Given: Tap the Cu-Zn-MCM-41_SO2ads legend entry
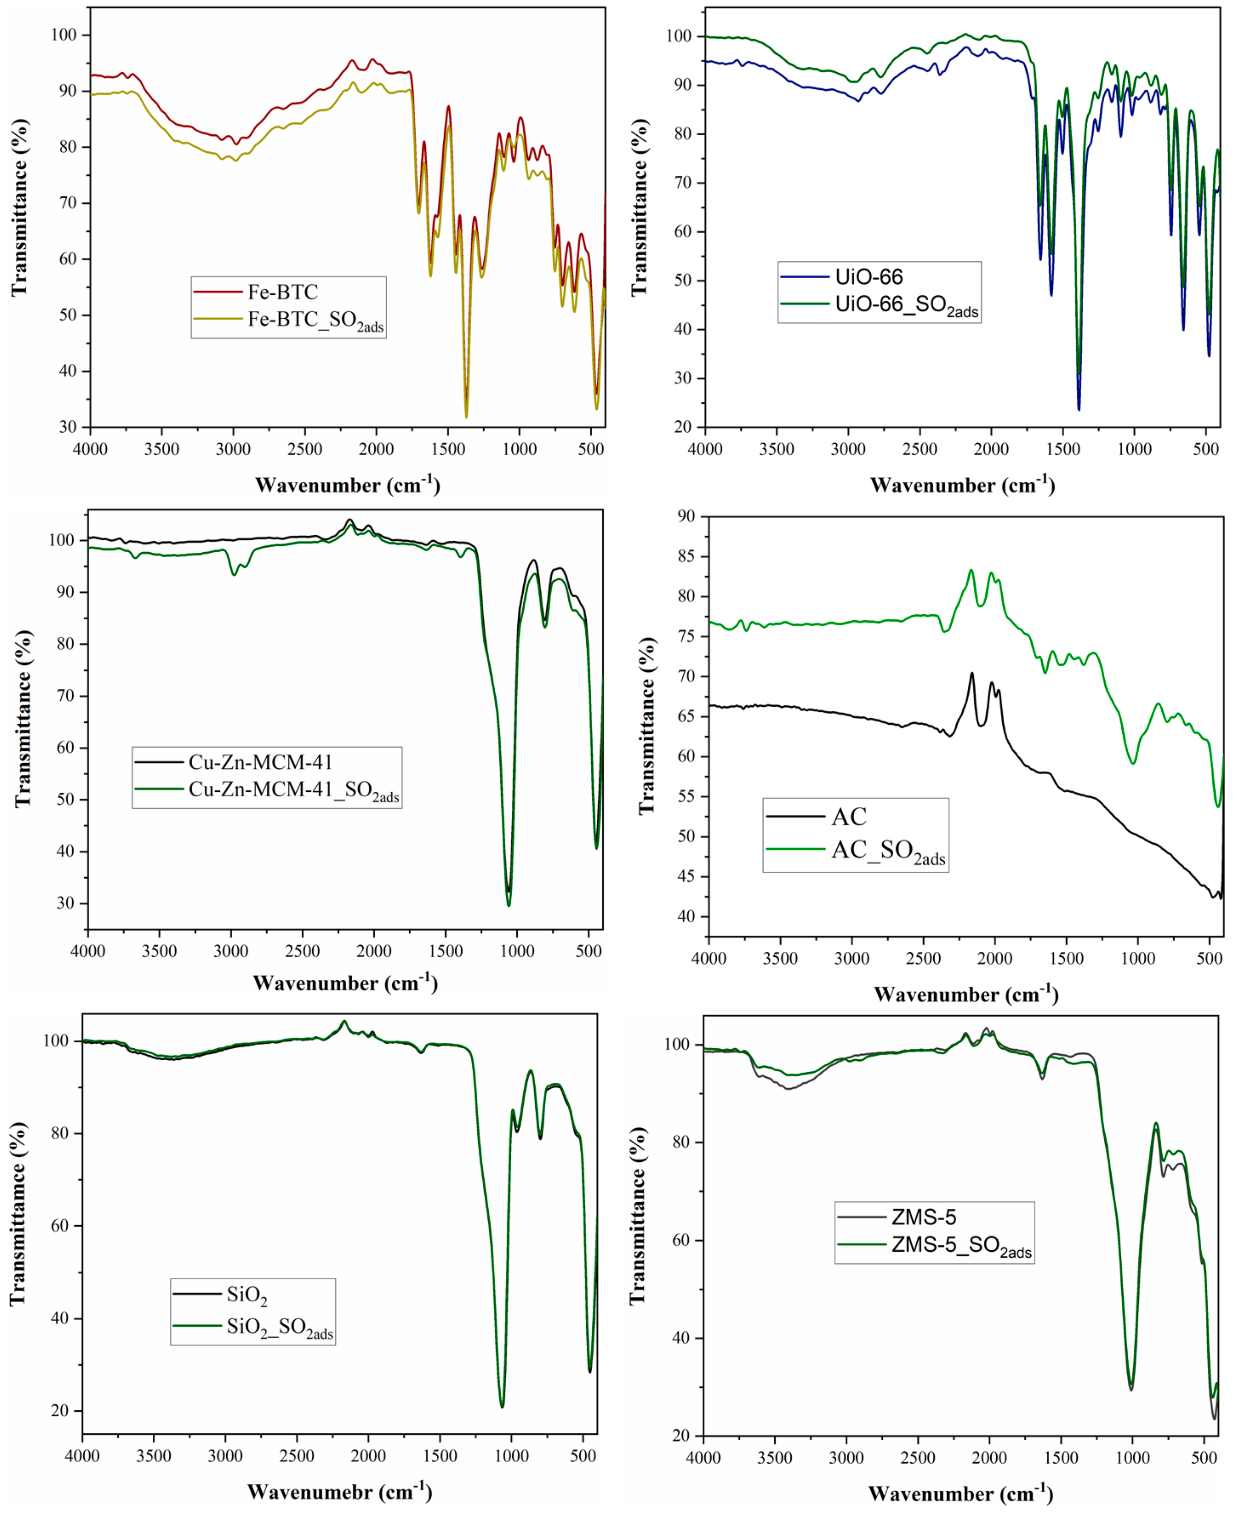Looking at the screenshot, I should [x=294, y=790].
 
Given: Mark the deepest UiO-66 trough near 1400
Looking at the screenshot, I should [x=1079, y=409].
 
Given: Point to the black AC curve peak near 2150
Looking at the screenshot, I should [x=971, y=673].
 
